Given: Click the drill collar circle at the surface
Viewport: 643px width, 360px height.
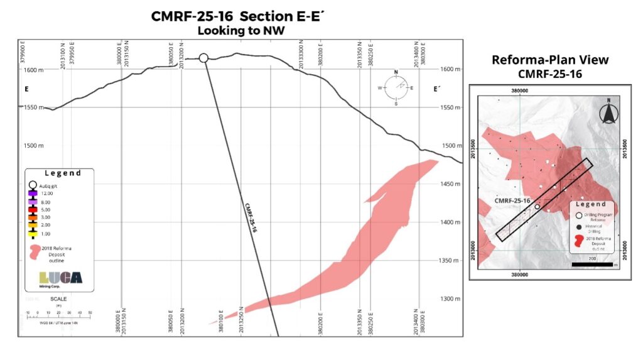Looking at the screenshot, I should tap(203, 58).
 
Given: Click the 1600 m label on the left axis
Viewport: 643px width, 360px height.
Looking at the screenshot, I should tap(31, 70).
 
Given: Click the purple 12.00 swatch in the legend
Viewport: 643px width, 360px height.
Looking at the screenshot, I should tap(33, 194).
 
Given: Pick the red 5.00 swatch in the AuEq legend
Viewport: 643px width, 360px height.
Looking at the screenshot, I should tap(33, 209).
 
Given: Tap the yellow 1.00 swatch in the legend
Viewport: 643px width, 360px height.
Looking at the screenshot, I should tap(33, 233).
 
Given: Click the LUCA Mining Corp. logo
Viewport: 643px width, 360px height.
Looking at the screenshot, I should tap(60, 278).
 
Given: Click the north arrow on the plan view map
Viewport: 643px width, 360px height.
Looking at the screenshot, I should tap(607, 113).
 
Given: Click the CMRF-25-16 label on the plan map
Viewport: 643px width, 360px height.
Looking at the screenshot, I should tap(513, 200).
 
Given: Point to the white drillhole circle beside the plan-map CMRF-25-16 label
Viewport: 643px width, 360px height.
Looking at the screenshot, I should tap(538, 206).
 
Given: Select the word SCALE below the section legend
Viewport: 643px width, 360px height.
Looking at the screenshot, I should tap(58, 298).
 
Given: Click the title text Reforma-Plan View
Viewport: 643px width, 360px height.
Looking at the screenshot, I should tap(550, 60).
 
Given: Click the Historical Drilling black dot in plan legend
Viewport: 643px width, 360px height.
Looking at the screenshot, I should tap(578, 227).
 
